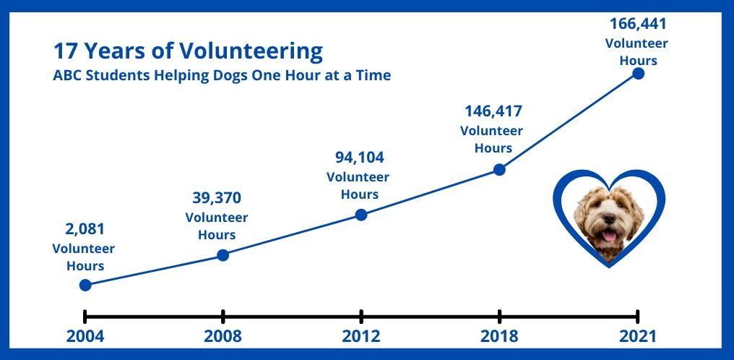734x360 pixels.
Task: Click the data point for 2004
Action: coord(85,285)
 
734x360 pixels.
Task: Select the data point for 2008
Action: coord(223,255)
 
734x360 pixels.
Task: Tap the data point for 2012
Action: coord(361,215)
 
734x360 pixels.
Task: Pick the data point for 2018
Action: coord(499,169)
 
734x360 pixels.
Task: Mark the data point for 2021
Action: coord(638,74)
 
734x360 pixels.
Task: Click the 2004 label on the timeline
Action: coord(85,336)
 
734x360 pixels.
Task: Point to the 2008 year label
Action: coord(223,336)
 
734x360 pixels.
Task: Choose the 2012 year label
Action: coord(361,336)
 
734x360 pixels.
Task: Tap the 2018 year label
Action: coord(499,336)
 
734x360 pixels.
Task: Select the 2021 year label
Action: coord(638,336)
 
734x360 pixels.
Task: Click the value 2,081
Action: coord(85,229)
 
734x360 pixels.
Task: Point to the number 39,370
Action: coord(217,197)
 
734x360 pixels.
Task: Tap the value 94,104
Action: coord(360,158)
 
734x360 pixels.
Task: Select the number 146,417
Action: coord(493,111)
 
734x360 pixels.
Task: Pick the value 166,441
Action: coord(638,23)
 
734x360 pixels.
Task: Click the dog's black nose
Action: coord(608,219)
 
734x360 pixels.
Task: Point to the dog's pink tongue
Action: coord(608,236)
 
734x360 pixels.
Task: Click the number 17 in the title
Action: coord(64,51)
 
